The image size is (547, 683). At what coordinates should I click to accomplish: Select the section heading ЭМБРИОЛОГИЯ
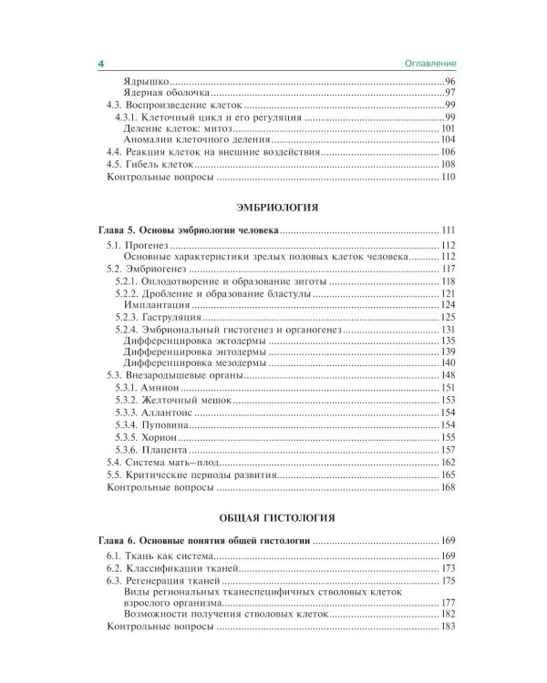point(273,208)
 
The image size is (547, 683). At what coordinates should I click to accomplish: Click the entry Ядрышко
point(143,82)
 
